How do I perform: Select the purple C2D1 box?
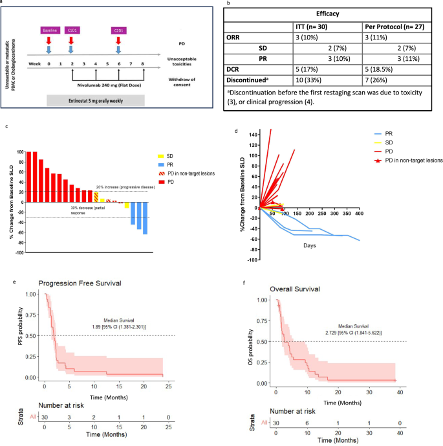[118, 30]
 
